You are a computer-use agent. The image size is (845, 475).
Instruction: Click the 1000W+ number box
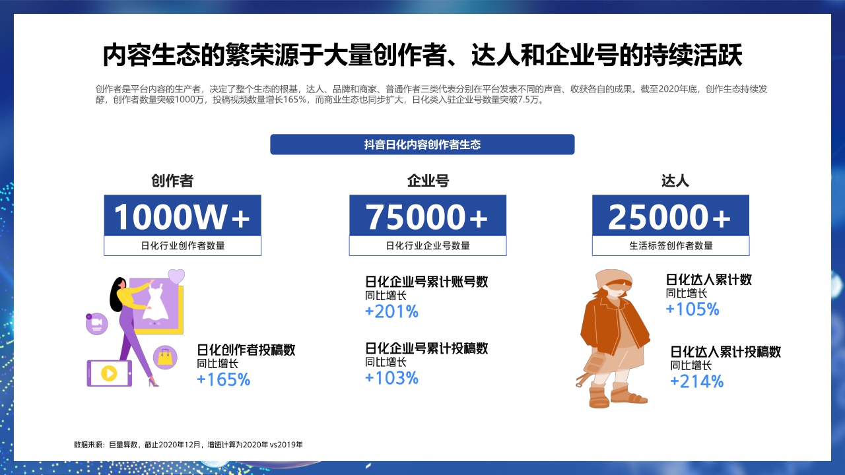click(182, 216)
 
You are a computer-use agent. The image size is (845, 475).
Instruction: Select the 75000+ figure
click(428, 216)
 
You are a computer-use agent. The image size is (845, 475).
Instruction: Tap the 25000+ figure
click(670, 216)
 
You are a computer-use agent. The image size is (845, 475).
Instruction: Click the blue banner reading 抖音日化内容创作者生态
click(422, 144)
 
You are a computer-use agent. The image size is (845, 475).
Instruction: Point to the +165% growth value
click(224, 379)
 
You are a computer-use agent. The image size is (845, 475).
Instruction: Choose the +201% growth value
click(391, 311)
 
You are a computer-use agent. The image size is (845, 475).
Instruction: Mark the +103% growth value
click(391, 378)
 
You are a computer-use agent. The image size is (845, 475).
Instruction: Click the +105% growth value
click(692, 309)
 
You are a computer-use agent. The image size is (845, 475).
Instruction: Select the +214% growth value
click(696, 381)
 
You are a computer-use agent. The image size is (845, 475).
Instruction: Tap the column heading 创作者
click(172, 181)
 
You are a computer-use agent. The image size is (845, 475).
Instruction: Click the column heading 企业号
click(428, 181)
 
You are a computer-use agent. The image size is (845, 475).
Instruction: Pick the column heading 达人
click(675, 181)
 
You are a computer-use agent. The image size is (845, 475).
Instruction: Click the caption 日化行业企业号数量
click(428, 246)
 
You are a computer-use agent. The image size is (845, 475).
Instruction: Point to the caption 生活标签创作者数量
click(671, 246)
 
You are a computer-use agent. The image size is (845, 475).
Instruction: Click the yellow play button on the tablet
click(109, 373)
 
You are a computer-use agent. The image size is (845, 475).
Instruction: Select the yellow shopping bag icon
click(165, 358)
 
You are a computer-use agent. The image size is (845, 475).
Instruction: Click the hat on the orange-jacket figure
click(611, 277)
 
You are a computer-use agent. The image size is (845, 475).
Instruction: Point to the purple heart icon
click(176, 276)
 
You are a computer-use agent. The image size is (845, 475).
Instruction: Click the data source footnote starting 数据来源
click(188, 445)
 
